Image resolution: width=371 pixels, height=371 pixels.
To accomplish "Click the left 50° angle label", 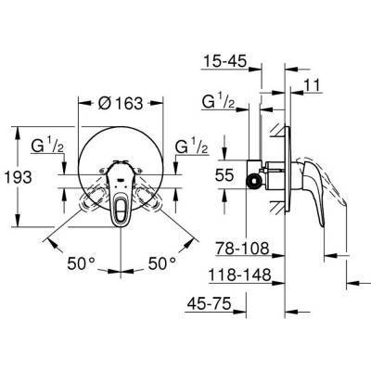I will [x=83, y=262].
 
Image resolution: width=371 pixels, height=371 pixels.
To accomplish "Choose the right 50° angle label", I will [x=161, y=262].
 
